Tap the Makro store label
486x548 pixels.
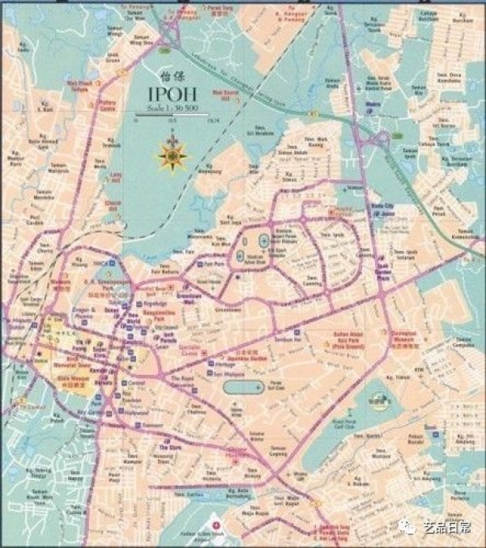(373, 105)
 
